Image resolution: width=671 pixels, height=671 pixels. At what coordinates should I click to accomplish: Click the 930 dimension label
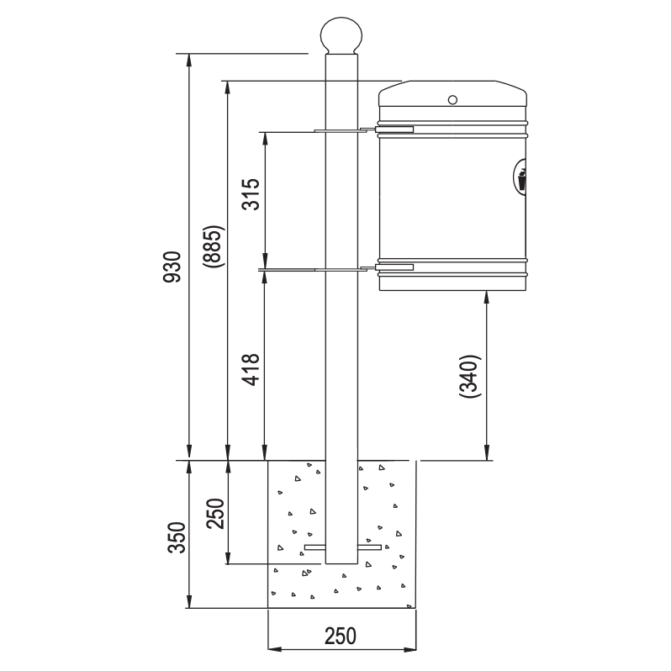pyautogui.click(x=173, y=267)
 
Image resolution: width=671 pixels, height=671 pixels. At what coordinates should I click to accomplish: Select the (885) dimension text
pyautogui.click(x=213, y=246)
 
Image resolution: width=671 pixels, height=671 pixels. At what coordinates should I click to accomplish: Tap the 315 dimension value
pyautogui.click(x=251, y=194)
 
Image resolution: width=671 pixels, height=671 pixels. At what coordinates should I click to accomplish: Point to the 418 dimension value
pyautogui.click(x=251, y=370)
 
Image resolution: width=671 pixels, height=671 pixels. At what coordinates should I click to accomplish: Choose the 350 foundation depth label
pyautogui.click(x=177, y=537)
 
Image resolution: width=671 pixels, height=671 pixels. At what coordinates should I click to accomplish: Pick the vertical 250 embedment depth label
pyautogui.click(x=214, y=514)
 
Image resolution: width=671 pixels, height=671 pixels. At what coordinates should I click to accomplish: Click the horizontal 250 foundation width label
pyautogui.click(x=341, y=636)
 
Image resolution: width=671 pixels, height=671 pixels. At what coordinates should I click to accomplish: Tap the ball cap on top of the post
pyautogui.click(x=341, y=35)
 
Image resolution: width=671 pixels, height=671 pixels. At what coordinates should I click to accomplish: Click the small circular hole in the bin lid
pyautogui.click(x=452, y=100)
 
